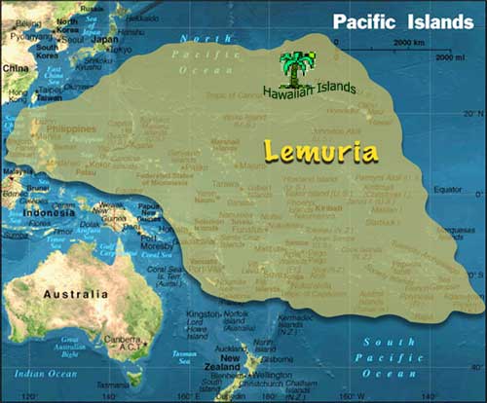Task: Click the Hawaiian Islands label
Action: pos(309,90)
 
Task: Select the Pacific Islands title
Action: pos(402,21)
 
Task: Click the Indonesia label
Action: pos(50,213)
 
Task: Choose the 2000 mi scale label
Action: pos(450,58)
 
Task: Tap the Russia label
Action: pos(94,5)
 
